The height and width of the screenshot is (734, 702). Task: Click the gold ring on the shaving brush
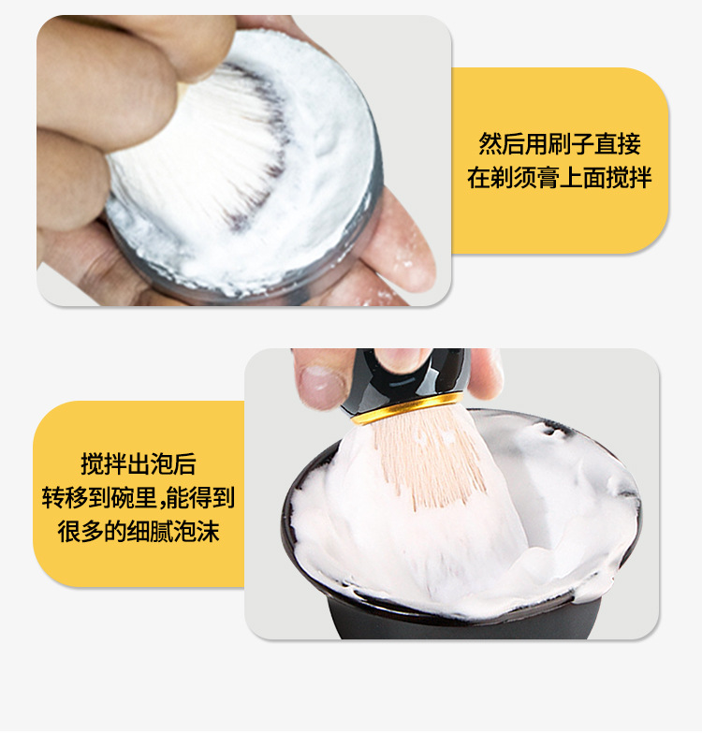407,408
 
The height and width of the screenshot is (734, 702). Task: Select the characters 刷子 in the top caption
571,144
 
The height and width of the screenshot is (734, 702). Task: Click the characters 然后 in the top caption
502,144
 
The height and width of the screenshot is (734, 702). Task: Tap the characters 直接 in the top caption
618,144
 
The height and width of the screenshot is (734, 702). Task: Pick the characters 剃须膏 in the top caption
524,178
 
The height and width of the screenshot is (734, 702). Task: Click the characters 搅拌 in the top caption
629,178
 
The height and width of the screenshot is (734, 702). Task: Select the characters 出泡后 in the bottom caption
161,464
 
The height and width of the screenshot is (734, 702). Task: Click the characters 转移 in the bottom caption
66,497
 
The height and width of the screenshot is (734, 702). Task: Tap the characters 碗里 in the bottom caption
134,497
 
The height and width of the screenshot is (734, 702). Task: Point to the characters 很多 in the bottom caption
80,532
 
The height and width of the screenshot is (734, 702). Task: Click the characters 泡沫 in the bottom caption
197,532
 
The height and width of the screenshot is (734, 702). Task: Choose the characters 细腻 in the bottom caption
150,532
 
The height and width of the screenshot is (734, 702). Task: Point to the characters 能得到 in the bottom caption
200,497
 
